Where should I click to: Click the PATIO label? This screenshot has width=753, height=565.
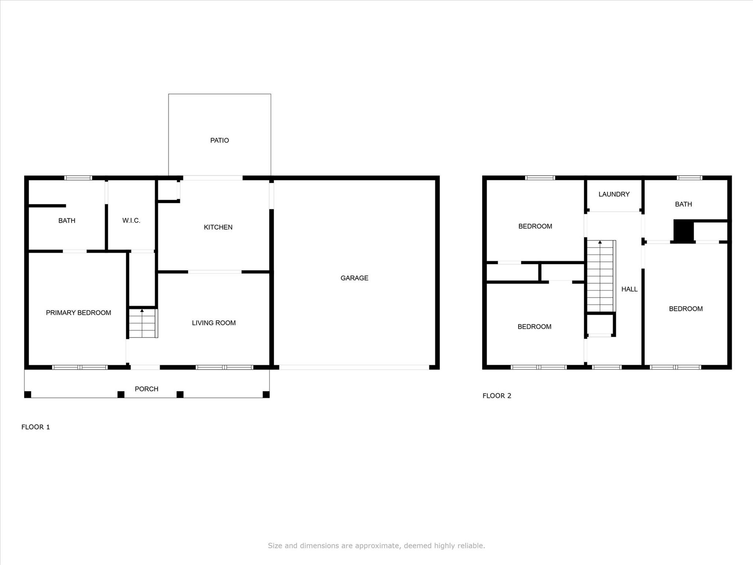pos(219,140)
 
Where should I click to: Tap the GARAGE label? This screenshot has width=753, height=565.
pos(354,278)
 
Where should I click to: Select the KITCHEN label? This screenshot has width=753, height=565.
pos(218,227)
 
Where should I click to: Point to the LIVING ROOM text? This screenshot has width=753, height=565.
pos(213,323)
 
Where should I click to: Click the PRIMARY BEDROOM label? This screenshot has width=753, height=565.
pos(78,312)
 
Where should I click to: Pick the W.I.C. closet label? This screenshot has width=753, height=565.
pos(131,220)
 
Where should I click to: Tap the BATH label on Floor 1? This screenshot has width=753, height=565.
pos(67,220)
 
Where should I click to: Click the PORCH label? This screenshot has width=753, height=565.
pos(146,389)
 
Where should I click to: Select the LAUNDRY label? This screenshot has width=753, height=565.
pos(614,194)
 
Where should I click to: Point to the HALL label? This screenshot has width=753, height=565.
pos(629,289)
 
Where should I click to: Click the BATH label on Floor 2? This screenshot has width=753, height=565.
pos(683,204)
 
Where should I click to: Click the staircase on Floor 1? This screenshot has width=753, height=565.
pos(142,324)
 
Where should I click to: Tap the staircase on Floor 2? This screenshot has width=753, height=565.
pos(600,276)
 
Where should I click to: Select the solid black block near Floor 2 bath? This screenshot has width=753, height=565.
pos(683,231)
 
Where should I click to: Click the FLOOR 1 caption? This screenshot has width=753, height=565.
pos(35,427)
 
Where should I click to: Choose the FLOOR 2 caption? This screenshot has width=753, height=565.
pos(497,395)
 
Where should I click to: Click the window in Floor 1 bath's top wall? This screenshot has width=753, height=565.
pos(78,178)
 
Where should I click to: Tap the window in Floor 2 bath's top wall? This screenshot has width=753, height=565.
pos(689,178)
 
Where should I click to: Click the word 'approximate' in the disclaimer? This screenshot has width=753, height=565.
pos(380,545)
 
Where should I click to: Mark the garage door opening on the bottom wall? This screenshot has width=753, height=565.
pos(354,367)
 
